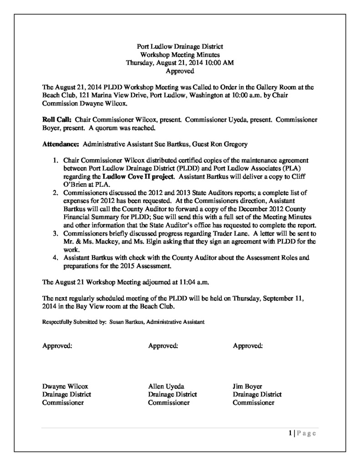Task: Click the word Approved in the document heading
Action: click(x=180, y=71)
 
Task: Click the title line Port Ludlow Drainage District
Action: click(x=180, y=46)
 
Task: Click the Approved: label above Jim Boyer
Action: click(x=248, y=346)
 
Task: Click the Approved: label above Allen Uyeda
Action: click(x=163, y=346)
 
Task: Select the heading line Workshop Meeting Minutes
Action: click(x=180, y=55)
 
